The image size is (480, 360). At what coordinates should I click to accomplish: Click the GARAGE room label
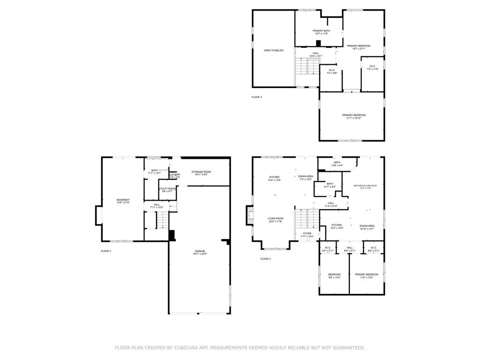(x=200, y=251)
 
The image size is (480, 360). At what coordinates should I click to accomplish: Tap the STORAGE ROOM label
(x=201, y=172)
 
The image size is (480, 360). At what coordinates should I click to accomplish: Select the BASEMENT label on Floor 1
(x=123, y=200)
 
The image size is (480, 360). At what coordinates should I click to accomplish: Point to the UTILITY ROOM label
(x=167, y=188)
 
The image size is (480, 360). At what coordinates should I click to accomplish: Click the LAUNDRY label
(x=175, y=174)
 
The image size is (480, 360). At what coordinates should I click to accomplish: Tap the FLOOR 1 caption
(x=106, y=251)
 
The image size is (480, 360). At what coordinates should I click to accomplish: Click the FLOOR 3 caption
(x=257, y=97)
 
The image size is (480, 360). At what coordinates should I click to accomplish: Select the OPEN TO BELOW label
(x=273, y=50)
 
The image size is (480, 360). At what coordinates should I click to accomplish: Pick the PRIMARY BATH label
(x=321, y=30)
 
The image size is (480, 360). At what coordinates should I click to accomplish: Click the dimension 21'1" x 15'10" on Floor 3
(x=354, y=118)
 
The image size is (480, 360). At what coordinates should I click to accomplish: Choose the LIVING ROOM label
(x=276, y=218)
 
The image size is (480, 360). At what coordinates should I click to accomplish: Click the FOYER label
(x=307, y=233)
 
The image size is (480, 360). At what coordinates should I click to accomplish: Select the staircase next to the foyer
(x=307, y=218)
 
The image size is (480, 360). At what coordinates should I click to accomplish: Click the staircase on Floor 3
(x=307, y=67)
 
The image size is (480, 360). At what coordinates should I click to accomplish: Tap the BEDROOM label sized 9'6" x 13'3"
(x=334, y=274)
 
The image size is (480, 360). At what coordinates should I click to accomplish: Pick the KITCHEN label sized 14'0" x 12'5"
(x=274, y=177)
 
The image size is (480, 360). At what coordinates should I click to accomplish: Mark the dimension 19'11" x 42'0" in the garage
(x=200, y=254)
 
